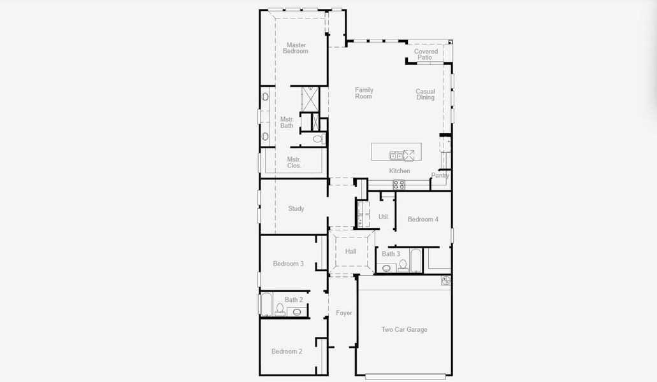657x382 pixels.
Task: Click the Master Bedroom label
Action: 296,48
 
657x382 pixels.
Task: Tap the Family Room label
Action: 364,94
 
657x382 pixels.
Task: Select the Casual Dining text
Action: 426,94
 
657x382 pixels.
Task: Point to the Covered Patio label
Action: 426,55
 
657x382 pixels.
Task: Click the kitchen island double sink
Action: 396,155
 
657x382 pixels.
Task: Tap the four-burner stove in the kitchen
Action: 398,185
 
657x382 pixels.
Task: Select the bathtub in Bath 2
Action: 266,305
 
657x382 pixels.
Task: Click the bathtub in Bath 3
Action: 415,260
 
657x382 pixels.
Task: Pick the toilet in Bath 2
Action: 279,309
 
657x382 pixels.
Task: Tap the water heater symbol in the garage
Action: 445,280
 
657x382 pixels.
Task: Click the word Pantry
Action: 440,176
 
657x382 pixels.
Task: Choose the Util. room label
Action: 384,217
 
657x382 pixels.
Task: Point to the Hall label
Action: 350,251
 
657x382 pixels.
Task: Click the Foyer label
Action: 344,313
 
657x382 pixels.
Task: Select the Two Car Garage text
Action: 404,330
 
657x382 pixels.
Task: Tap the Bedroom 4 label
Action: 423,220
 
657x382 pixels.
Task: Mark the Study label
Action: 296,209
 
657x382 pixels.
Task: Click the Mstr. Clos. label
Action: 294,162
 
